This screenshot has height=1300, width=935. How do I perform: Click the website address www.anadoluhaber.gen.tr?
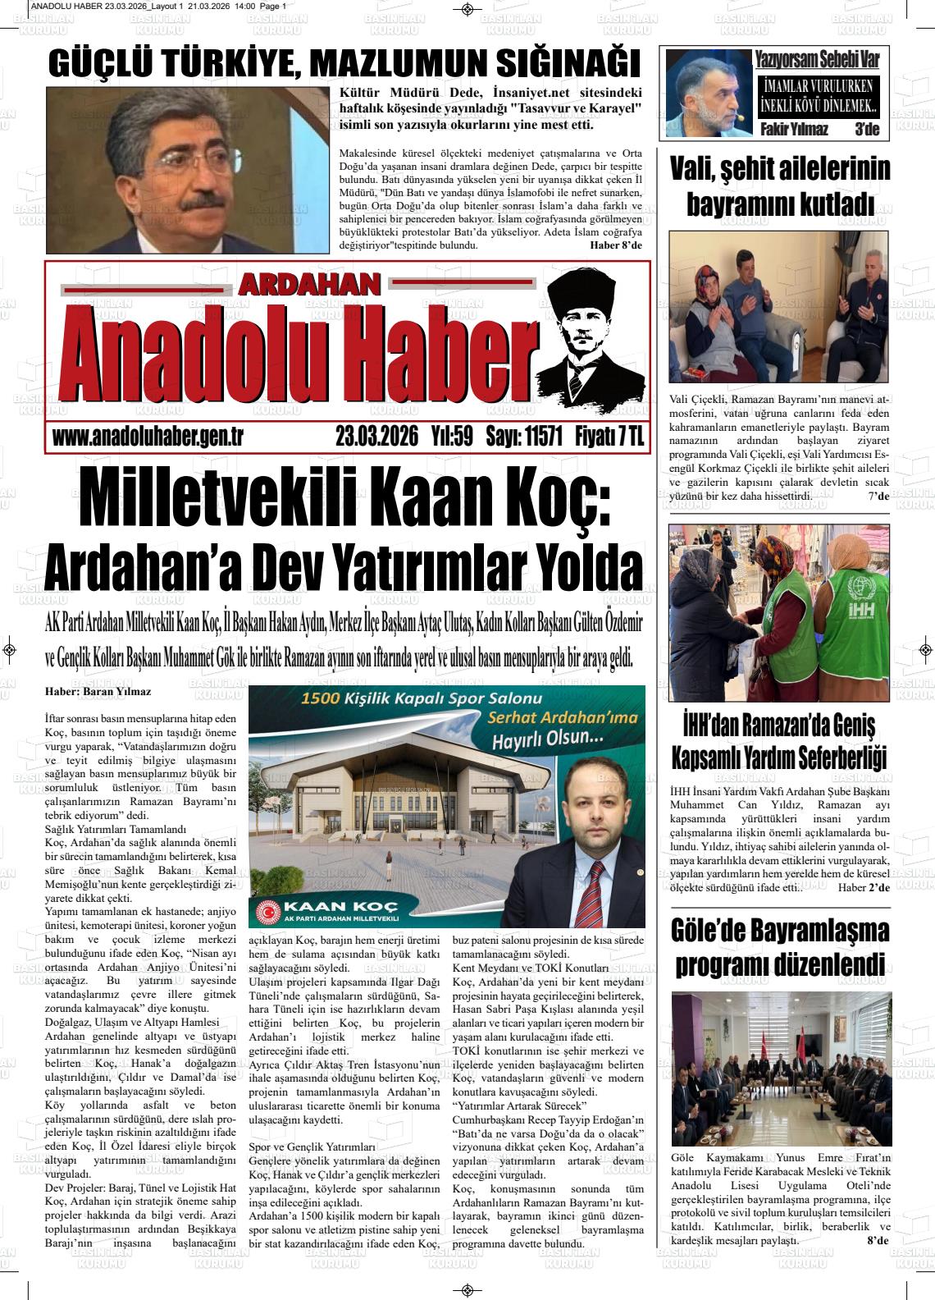(148, 437)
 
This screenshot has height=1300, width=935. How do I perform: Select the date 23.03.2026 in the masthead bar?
(377, 437)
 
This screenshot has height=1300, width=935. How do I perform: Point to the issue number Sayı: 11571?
(523, 437)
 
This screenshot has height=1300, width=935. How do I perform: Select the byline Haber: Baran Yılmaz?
(98, 692)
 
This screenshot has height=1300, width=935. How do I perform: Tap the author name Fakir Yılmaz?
(794, 130)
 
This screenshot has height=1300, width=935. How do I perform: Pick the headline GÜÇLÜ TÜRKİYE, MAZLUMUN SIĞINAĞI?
(344, 65)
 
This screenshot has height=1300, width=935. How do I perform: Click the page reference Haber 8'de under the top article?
(616, 245)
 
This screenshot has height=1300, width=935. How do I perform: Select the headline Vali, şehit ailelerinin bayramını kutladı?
(779, 186)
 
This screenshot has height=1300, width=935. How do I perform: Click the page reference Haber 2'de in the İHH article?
(864, 888)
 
